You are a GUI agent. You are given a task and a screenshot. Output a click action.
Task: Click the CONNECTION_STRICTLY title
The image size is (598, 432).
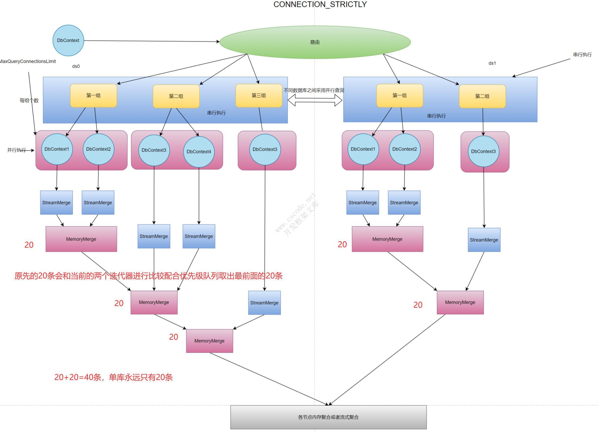coord(320,4)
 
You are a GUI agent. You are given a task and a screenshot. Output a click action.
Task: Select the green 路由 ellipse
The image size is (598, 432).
coord(315,42)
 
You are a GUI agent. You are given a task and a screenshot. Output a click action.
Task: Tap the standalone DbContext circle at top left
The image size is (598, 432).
coord(68,40)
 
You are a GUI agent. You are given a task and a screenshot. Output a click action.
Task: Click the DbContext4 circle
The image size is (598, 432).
coord(199,152)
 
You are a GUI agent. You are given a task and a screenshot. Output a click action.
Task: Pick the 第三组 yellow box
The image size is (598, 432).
coord(259,95)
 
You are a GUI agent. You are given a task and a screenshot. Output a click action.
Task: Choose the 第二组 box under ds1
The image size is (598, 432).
coord(482,96)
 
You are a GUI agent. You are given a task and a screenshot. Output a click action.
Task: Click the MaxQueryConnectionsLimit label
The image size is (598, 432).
coord(28,62)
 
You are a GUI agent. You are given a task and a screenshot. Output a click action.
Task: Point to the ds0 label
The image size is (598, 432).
coord(76,66)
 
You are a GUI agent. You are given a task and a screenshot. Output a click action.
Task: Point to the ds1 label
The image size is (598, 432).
coord(492,63)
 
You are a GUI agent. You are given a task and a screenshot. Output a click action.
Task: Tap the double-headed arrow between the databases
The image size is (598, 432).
coord(315,100)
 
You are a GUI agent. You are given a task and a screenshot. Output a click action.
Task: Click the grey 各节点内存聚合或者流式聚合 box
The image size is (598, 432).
coord(328,417)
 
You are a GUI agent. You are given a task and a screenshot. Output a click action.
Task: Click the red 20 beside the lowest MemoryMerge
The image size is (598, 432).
coord(173,337)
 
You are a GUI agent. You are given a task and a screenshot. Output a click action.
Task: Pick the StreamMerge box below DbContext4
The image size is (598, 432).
coord(199,236)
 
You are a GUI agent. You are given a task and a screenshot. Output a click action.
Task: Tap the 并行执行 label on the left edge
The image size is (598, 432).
coord(16,150)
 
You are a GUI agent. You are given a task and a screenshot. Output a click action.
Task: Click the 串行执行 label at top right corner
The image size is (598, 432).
coord(582,55)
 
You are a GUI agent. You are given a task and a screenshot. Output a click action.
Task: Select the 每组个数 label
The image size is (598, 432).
coord(29,100)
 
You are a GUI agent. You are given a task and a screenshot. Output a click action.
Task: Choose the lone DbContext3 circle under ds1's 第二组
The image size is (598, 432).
coord(483,152)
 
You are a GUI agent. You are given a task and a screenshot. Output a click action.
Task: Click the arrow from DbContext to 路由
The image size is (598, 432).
coord(152,41)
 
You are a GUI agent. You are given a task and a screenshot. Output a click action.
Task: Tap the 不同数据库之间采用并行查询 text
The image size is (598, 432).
coord(313,90)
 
